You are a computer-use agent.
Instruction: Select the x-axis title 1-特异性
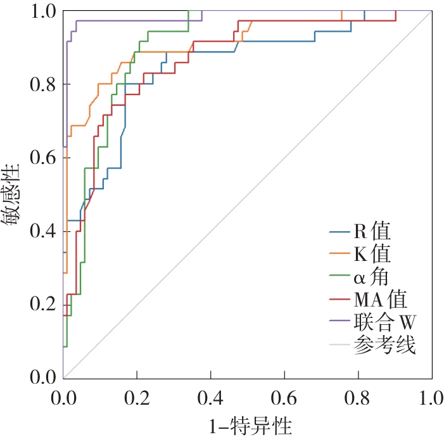click(x=248, y=422)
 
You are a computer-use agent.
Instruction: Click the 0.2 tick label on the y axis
click(x=42, y=305)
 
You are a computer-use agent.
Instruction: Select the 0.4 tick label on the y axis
click(x=42, y=232)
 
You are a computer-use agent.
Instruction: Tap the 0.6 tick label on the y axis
click(x=42, y=158)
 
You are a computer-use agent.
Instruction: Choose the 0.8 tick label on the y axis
click(x=42, y=85)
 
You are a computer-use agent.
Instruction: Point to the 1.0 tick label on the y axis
click(x=42, y=12)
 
